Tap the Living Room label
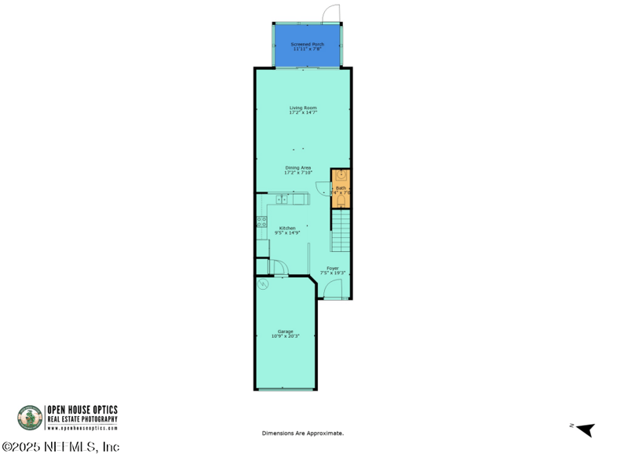303,110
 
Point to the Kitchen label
287,230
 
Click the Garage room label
285,334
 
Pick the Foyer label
333,271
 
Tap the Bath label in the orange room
341,189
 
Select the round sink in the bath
341,177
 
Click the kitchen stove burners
261,221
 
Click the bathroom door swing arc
323,186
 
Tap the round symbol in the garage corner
265,284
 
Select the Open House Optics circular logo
30,417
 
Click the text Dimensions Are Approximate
303,433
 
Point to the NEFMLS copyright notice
60,447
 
